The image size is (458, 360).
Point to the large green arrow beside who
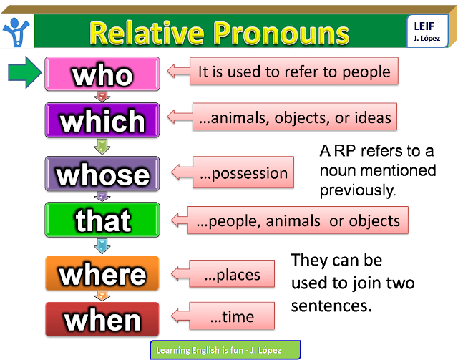point(25,74)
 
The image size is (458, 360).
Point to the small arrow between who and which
point(102,96)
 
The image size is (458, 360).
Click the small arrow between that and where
point(102,246)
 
